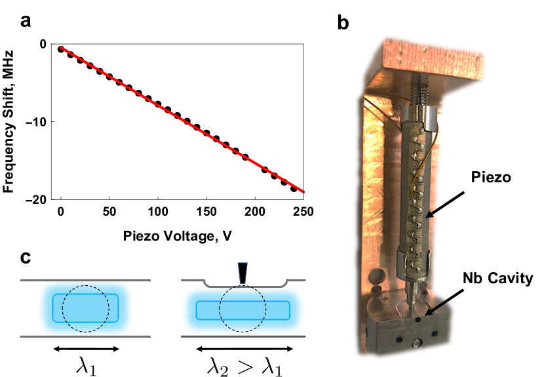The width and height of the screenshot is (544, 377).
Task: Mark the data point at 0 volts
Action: coord(61,49)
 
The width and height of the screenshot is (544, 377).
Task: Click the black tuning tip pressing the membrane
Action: coord(244,272)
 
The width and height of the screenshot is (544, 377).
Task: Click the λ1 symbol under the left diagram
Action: coord(86,365)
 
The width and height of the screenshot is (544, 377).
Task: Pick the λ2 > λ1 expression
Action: coord(244,365)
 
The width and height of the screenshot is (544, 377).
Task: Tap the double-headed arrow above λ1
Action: coord(86,348)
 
